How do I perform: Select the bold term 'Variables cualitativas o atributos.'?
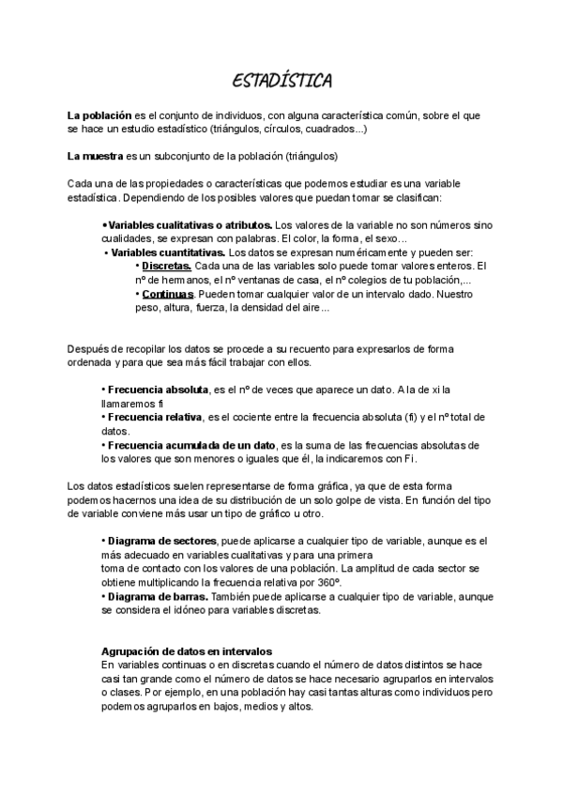click(x=190, y=226)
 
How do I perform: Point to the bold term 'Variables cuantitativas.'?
click(x=168, y=253)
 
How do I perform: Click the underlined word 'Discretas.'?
click(x=167, y=267)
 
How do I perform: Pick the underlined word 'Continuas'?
click(x=167, y=294)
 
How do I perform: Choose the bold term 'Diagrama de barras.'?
click(x=161, y=596)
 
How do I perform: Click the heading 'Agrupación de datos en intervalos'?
click(x=187, y=650)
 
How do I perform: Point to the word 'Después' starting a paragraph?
click(x=86, y=348)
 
